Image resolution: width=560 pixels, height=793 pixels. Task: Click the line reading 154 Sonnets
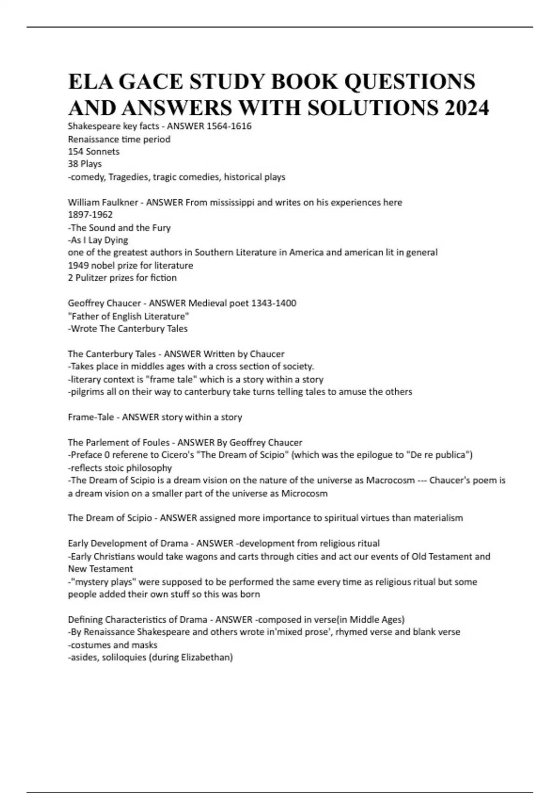coord(93,152)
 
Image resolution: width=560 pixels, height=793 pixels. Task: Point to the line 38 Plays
coord(84,164)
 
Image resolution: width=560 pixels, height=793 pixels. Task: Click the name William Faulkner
coord(103,202)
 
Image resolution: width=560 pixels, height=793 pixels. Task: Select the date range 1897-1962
coord(90,215)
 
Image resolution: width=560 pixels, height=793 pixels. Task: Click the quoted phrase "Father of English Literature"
coord(128,316)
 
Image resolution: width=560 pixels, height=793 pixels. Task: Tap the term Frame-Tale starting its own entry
coord(91,417)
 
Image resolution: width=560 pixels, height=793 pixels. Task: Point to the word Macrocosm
coord(390,480)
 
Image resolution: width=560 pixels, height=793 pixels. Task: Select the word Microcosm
coord(304,494)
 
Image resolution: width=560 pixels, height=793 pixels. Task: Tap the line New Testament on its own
coord(100,569)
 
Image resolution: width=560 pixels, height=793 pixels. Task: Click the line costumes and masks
coord(113,645)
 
